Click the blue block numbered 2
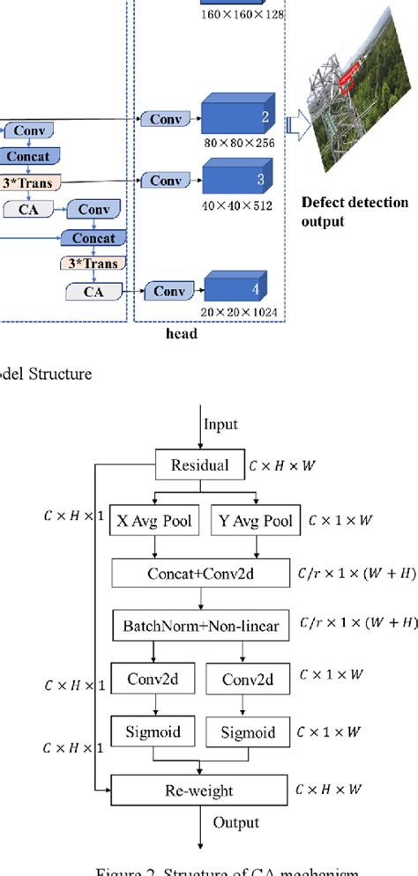(x=235, y=115)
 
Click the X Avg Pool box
(x=156, y=520)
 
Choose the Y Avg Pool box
(x=256, y=520)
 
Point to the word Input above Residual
(x=221, y=424)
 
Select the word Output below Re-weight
(x=235, y=822)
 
